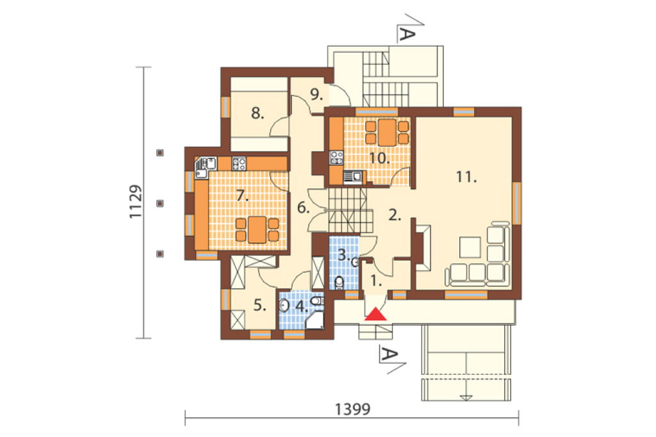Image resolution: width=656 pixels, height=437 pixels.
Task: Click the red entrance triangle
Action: click(x=375, y=314)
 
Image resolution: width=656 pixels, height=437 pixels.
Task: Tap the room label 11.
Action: click(x=466, y=177)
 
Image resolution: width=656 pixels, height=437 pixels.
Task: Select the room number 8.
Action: click(x=258, y=113)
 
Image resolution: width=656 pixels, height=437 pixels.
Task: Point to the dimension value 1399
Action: click(x=353, y=409)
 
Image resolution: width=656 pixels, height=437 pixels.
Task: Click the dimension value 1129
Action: click(x=136, y=202)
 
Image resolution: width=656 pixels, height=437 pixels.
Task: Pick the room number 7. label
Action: click(x=242, y=195)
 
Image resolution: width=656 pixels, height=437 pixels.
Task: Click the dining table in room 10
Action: click(x=387, y=132)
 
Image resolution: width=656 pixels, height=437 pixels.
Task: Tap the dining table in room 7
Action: click(x=258, y=229)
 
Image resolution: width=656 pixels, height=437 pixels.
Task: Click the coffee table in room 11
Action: click(x=470, y=247)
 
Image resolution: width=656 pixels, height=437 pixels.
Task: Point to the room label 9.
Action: click(x=316, y=95)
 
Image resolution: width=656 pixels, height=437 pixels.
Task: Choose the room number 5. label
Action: click(x=260, y=306)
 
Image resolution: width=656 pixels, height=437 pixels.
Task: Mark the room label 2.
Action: click(x=395, y=215)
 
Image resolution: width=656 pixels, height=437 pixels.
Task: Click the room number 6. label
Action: click(x=303, y=207)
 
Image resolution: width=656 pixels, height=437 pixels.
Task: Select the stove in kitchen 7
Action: click(x=239, y=163)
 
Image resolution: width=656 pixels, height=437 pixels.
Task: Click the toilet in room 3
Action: click(x=338, y=283)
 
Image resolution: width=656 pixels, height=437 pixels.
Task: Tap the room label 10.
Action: click(x=379, y=158)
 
